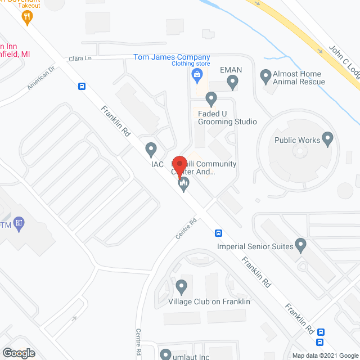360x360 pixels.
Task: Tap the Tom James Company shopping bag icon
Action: [197, 74]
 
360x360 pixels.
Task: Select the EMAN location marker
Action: [232, 83]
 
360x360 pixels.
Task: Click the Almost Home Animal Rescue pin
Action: [265, 75]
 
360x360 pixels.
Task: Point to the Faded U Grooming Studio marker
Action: [211, 100]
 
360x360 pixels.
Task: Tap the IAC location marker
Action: [150, 150]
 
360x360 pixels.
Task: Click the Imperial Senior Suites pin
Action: [301, 245]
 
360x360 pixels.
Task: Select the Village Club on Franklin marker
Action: [181, 288]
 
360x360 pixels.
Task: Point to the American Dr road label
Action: [42, 79]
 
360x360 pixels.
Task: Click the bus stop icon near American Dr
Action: [82, 86]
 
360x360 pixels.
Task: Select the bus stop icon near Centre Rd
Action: [219, 233]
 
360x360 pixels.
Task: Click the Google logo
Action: [18, 353]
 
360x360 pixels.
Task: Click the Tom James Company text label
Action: [172, 57]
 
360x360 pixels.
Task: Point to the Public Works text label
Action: [296, 141]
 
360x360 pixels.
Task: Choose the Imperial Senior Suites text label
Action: [255, 246]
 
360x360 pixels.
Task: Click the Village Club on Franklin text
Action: [209, 302]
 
